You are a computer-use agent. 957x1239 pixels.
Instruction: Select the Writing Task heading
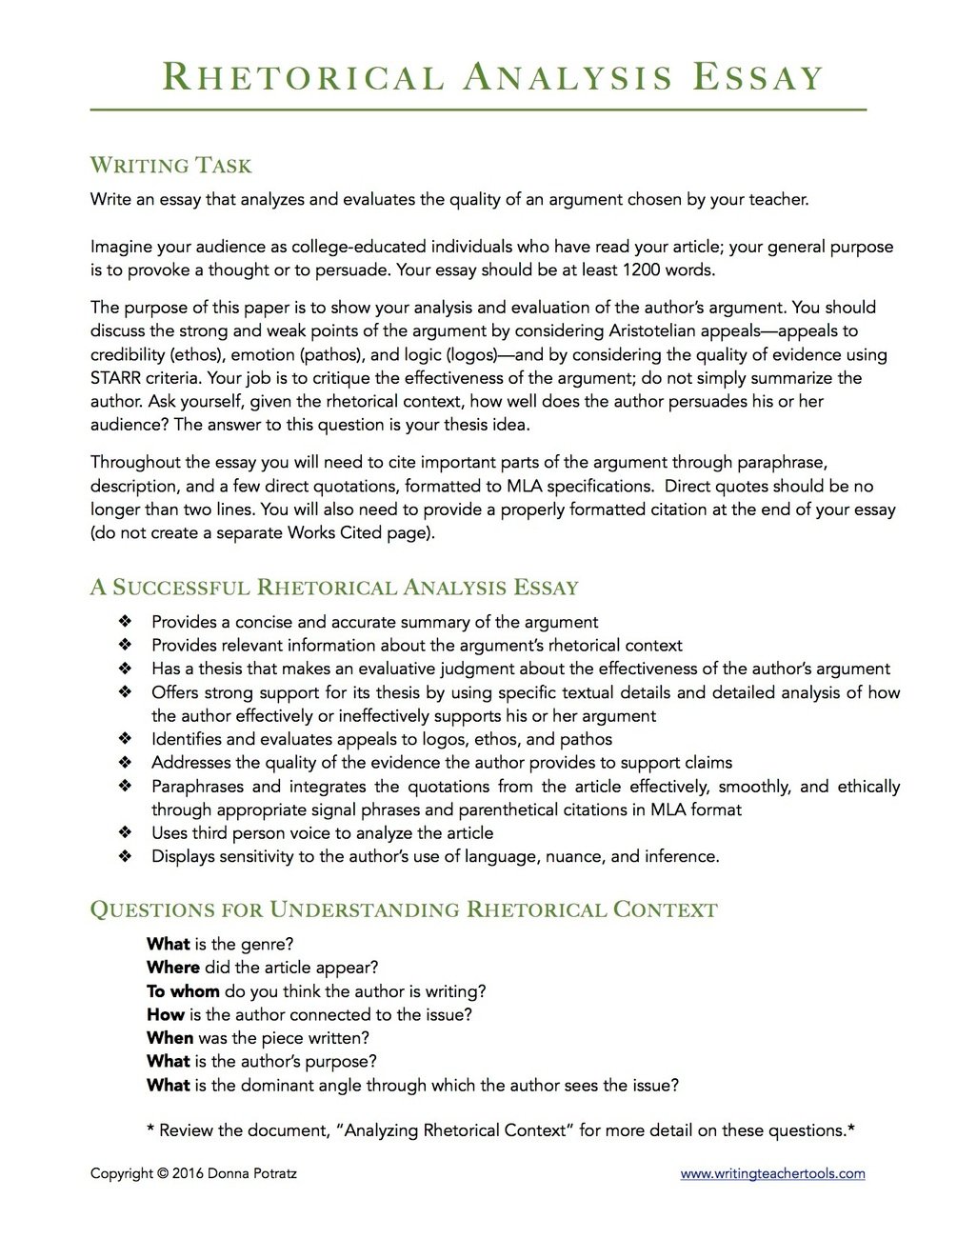pos(171,166)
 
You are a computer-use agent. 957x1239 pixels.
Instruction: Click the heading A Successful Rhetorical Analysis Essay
pos(334,587)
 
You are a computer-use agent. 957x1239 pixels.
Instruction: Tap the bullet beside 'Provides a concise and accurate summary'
pos(125,622)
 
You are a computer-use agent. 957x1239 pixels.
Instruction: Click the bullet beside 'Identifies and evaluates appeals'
pos(125,739)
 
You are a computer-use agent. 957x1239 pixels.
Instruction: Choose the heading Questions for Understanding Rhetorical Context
pos(404,909)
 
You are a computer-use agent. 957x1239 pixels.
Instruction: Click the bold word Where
pos(173,968)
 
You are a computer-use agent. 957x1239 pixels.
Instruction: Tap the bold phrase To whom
pos(183,991)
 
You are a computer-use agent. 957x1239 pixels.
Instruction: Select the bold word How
pos(166,1014)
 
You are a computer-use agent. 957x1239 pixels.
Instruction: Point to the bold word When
pos(169,1038)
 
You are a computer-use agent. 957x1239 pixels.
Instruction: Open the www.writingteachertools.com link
pos(772,1174)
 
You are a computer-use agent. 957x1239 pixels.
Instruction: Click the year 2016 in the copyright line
pos(189,1174)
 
